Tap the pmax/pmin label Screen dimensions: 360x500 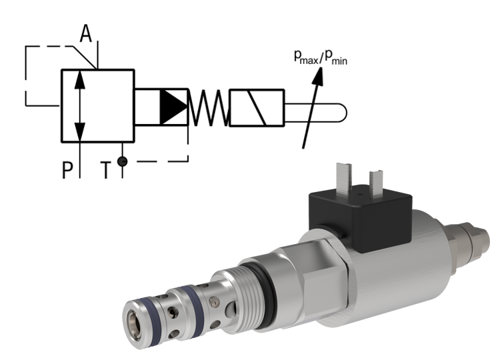(x=320, y=59)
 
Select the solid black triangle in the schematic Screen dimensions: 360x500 (x=174, y=106)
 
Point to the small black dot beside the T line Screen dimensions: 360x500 (x=121, y=161)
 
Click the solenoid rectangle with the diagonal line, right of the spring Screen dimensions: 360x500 (x=256, y=107)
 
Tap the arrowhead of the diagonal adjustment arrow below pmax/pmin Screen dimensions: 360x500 (x=319, y=75)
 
